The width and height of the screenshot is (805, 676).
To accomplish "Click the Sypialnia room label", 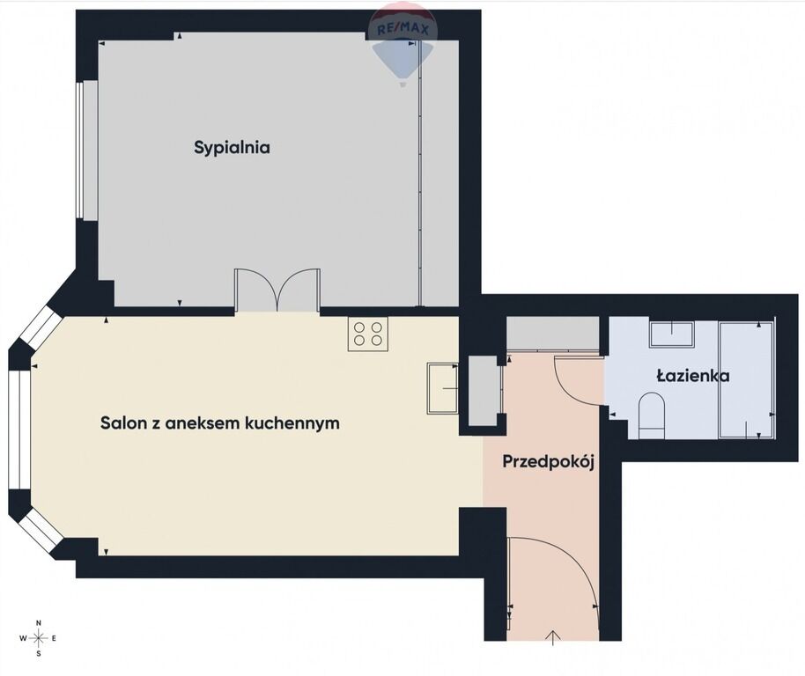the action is pyautogui.click(x=232, y=148).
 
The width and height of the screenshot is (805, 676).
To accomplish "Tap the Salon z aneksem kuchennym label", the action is pyautogui.click(x=219, y=423).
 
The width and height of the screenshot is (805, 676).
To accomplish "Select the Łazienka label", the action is pyautogui.click(x=693, y=376).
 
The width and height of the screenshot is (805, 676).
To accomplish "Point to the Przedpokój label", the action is pyautogui.click(x=549, y=461).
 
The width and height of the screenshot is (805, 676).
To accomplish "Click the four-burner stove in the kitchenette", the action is pyautogui.click(x=368, y=334).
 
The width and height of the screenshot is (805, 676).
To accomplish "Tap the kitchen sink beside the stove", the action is pyautogui.click(x=442, y=388).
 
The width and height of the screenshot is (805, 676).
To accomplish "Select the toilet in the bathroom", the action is pyautogui.click(x=652, y=415).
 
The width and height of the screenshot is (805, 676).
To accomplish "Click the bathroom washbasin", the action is pyautogui.click(x=672, y=334).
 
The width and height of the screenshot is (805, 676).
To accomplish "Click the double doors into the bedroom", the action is pyautogui.click(x=277, y=290).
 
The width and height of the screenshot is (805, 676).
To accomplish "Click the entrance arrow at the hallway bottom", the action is pyautogui.click(x=553, y=637).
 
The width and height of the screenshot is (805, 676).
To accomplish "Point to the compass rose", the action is pyautogui.click(x=39, y=638).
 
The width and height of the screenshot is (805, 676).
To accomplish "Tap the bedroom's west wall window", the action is pyautogui.click(x=79, y=151).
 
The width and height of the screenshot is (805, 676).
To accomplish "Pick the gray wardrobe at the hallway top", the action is pyautogui.click(x=553, y=334).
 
